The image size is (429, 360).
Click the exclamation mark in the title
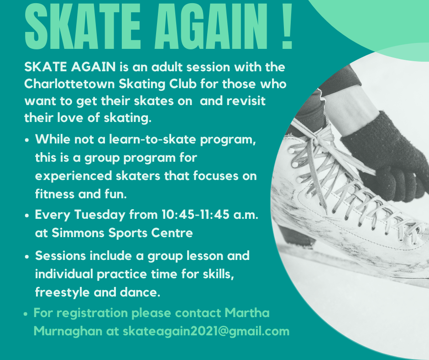[287, 26]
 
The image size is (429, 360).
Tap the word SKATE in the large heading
[83, 26]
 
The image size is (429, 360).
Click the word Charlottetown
[70, 84]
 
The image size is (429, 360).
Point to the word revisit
[246, 101]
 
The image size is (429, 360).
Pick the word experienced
[73, 176]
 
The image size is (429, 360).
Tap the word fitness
[55, 194]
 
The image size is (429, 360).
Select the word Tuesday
[100, 215]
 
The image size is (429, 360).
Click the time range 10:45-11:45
[195, 215]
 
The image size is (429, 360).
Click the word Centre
[172, 233]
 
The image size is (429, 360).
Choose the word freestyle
[63, 292]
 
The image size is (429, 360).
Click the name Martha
[247, 313]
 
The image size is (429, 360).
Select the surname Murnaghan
[68, 331]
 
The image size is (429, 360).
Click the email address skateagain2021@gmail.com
[206, 331]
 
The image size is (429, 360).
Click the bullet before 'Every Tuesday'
[26, 216]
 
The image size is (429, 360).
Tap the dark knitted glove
[388, 156]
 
